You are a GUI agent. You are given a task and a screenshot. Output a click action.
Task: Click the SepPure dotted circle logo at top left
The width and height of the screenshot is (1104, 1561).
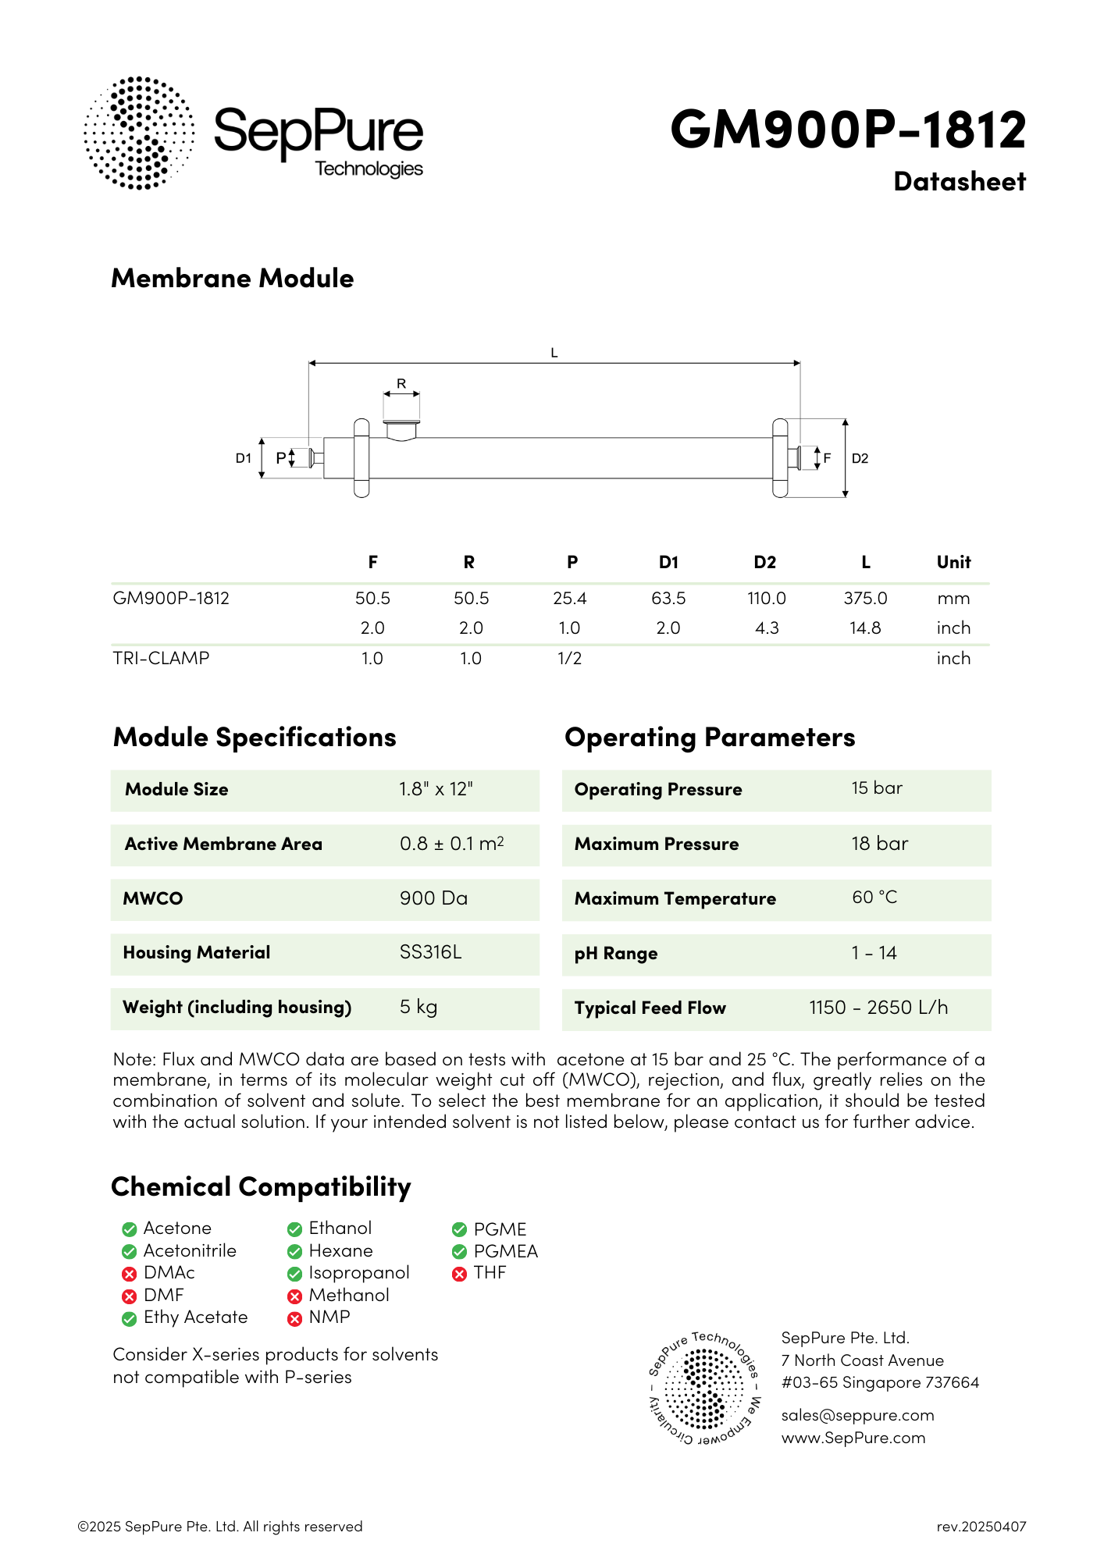click(x=139, y=133)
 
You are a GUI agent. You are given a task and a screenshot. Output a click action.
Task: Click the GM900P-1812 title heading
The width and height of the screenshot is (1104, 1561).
click(x=848, y=129)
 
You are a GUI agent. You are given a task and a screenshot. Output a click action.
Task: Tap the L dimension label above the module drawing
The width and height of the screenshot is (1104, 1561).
click(x=554, y=353)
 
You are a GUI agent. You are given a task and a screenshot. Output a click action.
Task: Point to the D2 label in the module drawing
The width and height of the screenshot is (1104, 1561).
click(x=860, y=458)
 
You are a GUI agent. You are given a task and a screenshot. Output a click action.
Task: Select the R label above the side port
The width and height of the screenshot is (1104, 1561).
click(x=401, y=383)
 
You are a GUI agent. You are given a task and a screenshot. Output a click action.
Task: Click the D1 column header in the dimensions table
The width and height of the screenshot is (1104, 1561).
click(x=668, y=562)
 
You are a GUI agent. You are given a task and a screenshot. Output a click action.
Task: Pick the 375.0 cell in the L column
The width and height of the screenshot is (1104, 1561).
click(x=865, y=598)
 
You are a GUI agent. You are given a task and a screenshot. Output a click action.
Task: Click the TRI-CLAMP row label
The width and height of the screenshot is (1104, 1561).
click(x=161, y=658)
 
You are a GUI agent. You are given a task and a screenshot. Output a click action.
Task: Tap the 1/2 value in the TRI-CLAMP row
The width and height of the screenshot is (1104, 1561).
click(x=569, y=658)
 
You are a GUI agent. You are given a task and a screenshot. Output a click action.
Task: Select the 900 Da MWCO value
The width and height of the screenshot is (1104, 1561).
click(x=433, y=898)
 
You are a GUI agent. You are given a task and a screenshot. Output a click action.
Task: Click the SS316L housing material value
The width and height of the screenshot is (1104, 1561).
click(x=430, y=952)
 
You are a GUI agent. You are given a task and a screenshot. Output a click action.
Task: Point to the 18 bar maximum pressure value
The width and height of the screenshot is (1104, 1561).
click(x=880, y=844)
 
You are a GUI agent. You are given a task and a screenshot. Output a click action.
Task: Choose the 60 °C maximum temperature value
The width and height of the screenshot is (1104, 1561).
click(x=874, y=898)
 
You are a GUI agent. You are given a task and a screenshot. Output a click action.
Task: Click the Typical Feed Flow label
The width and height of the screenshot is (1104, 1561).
click(x=650, y=1008)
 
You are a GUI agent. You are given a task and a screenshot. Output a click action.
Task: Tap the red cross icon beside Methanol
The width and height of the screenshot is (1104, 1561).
click(x=294, y=1296)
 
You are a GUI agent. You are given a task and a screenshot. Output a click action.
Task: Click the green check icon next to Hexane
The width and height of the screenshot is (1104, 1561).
click(x=294, y=1252)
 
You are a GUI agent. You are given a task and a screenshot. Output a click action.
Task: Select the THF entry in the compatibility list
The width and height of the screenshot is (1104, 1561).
click(x=490, y=1273)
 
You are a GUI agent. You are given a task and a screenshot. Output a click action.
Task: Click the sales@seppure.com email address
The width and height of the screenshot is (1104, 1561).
click(x=857, y=1415)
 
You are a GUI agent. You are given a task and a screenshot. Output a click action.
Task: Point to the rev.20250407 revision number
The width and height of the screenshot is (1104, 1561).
click(x=981, y=1527)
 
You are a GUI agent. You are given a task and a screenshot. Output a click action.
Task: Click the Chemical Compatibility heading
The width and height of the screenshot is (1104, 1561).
click(x=261, y=1186)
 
